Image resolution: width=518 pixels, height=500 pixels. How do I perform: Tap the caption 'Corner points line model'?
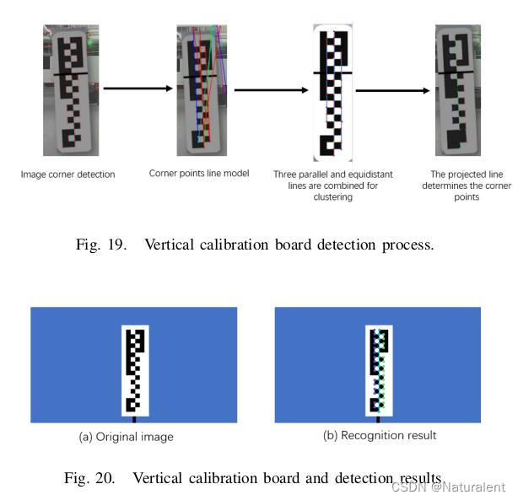(201, 174)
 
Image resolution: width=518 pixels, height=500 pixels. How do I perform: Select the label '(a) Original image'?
(126, 437)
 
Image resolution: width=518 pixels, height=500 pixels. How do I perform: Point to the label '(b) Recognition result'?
(380, 435)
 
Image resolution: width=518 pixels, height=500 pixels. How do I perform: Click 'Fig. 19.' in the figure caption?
(99, 245)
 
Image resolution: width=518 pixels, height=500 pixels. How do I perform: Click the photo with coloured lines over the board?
(202, 89)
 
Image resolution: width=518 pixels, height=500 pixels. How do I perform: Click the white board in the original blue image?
(135, 370)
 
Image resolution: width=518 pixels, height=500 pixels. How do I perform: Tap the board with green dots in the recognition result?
(379, 370)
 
